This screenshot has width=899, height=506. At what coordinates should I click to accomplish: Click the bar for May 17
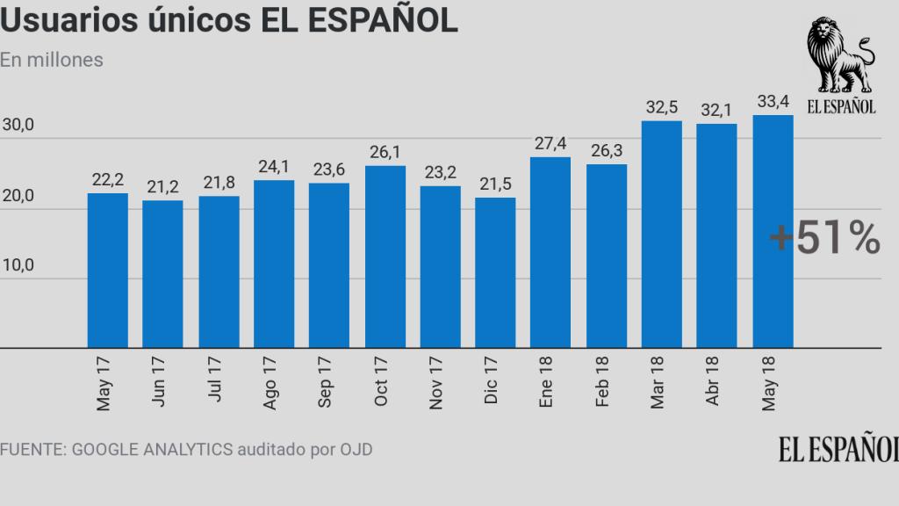108,271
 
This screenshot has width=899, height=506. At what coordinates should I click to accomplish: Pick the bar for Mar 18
662,235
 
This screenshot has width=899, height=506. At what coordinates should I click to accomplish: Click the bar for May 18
773,232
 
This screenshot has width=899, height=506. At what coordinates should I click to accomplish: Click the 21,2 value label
163,188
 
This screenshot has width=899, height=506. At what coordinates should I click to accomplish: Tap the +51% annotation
823,239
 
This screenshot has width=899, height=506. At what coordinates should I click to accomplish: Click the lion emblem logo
840,57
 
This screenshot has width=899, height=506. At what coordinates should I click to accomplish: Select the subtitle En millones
52,61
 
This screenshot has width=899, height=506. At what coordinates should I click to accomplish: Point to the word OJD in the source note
356,450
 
